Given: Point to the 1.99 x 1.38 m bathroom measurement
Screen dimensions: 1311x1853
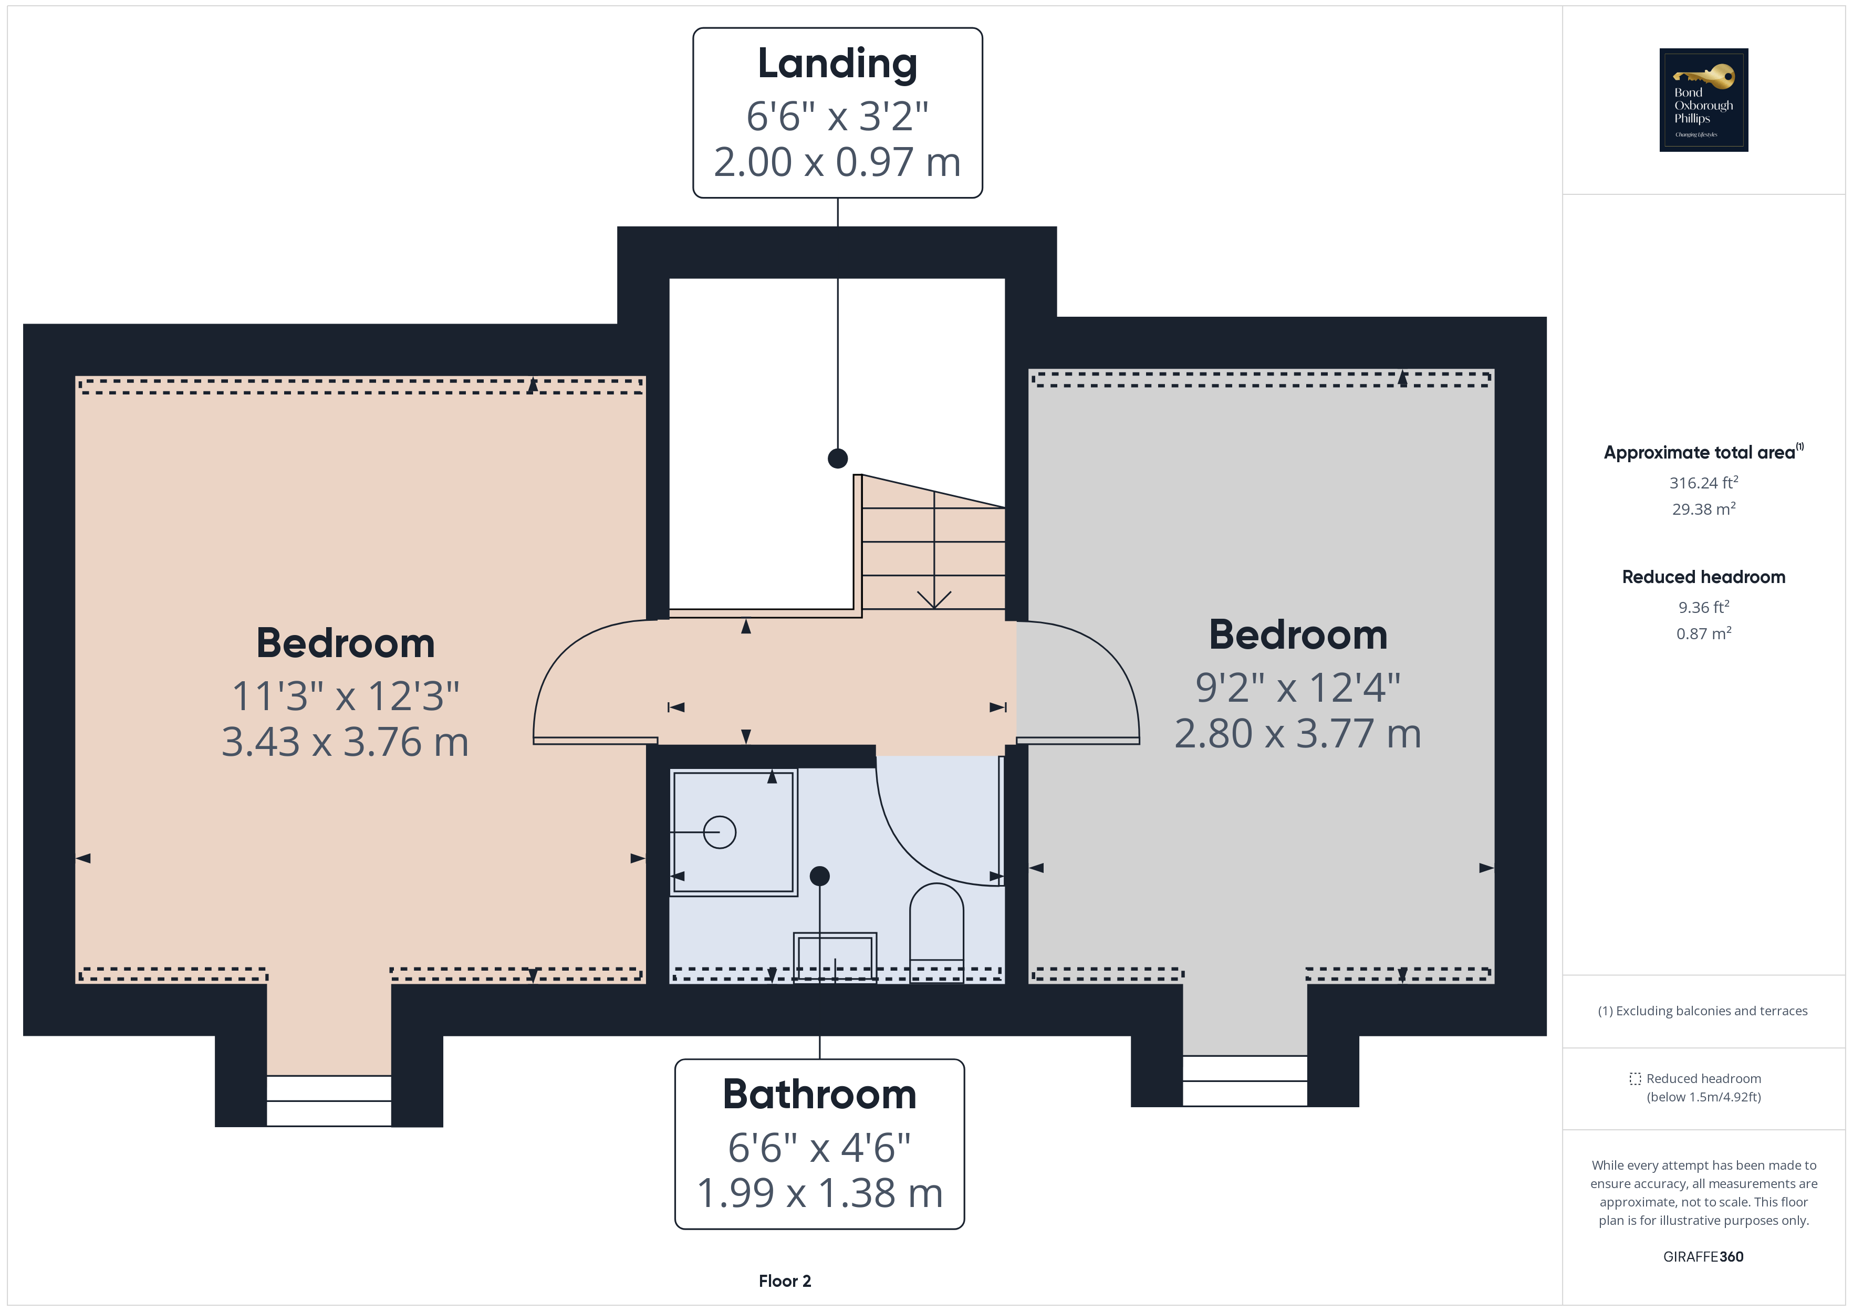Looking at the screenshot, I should pos(819,1193).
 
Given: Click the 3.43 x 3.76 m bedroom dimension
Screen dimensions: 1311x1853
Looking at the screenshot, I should pos(346,742).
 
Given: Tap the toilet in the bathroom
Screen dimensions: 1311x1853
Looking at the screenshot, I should pos(936,928).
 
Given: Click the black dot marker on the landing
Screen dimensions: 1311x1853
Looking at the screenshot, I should pos(838,459).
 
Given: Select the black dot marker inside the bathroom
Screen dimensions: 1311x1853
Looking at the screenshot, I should pos(819,876).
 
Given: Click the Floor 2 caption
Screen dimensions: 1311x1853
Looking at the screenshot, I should pos(785,1281).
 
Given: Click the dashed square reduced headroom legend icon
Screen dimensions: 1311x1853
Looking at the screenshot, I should pos(1635,1078).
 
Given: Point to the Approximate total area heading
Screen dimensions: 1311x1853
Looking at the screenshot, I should pos(1700,453).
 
